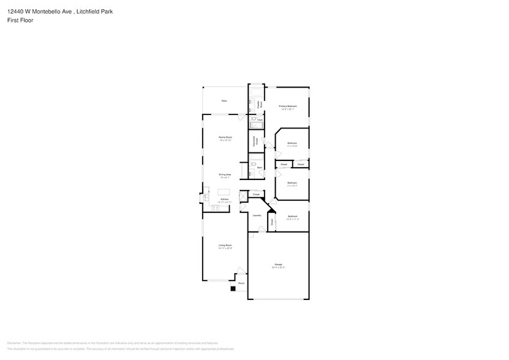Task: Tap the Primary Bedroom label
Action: click(288, 107)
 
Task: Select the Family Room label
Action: click(225, 137)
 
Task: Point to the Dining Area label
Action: click(225, 174)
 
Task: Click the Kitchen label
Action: click(224, 200)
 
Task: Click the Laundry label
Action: click(257, 215)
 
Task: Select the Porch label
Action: click(241, 283)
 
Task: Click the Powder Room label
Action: click(260, 104)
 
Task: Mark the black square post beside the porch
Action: click(233, 288)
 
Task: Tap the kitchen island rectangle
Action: click(224, 192)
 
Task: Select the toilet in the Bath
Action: click(252, 165)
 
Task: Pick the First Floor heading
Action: click(21, 20)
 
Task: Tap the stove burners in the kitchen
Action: click(215, 208)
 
